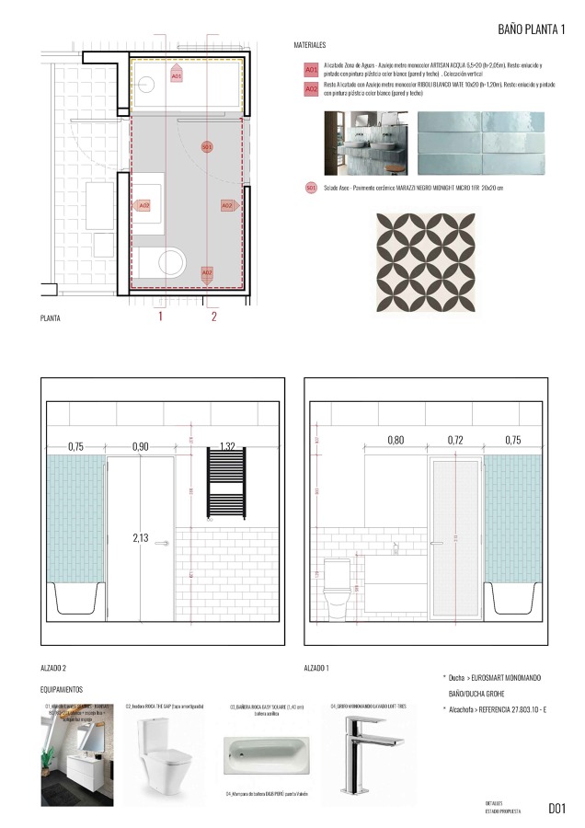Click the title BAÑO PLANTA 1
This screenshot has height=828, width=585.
[532, 29]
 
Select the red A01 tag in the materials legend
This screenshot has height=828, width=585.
[311, 69]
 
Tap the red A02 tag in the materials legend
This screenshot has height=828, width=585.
[311, 87]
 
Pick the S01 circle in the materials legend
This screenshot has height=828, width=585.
[311, 188]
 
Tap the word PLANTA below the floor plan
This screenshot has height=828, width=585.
[51, 318]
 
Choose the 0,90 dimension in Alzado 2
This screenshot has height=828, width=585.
[140, 446]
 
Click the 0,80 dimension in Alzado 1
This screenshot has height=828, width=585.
[395, 441]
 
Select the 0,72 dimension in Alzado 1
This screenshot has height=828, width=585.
[455, 441]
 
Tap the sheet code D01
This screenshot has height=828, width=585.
[556, 809]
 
